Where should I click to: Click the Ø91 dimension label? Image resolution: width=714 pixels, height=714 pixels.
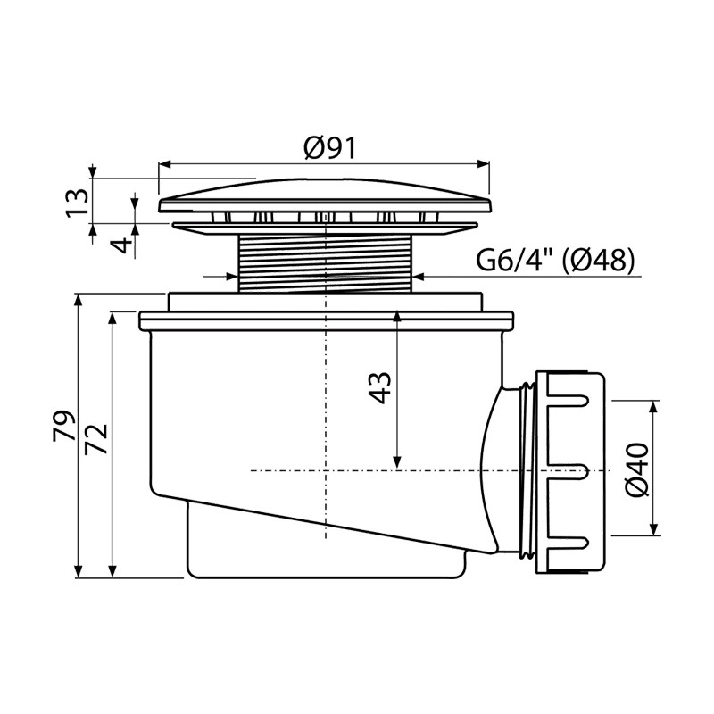click(x=329, y=148)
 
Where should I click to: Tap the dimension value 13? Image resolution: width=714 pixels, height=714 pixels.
click(x=77, y=203)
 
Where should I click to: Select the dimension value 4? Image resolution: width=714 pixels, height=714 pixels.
click(x=121, y=246)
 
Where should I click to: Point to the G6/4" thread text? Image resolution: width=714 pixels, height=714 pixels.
click(x=515, y=262)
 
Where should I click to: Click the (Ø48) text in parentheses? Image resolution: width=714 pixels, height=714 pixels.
click(x=598, y=262)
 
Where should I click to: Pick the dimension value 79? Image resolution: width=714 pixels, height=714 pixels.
click(x=63, y=426)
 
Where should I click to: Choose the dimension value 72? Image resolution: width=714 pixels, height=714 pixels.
click(x=96, y=438)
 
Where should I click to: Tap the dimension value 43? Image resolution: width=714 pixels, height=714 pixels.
click(x=379, y=387)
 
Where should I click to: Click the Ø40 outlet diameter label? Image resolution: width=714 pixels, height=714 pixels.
click(x=636, y=469)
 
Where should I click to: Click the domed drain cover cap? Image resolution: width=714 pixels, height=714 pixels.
click(x=325, y=195)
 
